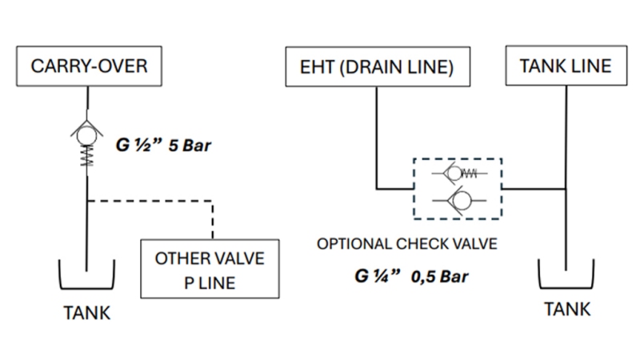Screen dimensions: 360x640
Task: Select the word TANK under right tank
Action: pos(566,309)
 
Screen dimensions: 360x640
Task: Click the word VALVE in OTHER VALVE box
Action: pos(239,259)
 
